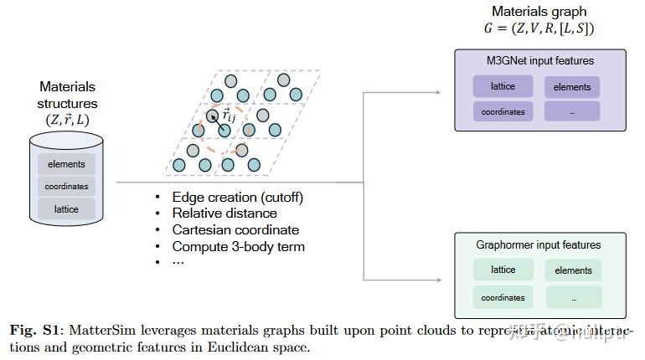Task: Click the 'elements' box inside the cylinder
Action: point(66,164)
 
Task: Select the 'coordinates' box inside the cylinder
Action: point(66,187)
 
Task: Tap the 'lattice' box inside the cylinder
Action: point(66,209)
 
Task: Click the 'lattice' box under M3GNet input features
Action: point(503,86)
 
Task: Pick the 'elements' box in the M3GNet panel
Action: point(572,87)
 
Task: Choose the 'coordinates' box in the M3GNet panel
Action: point(503,111)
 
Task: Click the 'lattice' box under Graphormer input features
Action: point(503,270)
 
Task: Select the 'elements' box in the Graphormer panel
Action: point(573,270)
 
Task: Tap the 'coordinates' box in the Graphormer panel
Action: point(503,296)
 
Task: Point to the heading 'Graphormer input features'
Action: point(539,245)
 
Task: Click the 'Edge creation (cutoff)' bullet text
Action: point(238,198)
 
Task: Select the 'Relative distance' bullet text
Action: point(224,213)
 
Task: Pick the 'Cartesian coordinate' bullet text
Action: point(235,230)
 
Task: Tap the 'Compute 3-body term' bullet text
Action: point(238,246)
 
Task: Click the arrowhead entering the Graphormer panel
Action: point(450,278)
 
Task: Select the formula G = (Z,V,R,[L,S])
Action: point(539,29)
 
